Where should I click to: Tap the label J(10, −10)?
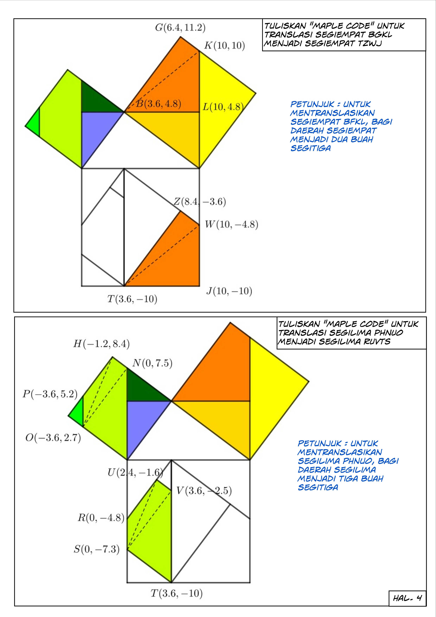229,291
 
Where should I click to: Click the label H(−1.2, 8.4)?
101,344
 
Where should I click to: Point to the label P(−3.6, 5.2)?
50,394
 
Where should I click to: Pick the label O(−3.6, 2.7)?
53,438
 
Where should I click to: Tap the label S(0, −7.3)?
97,549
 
